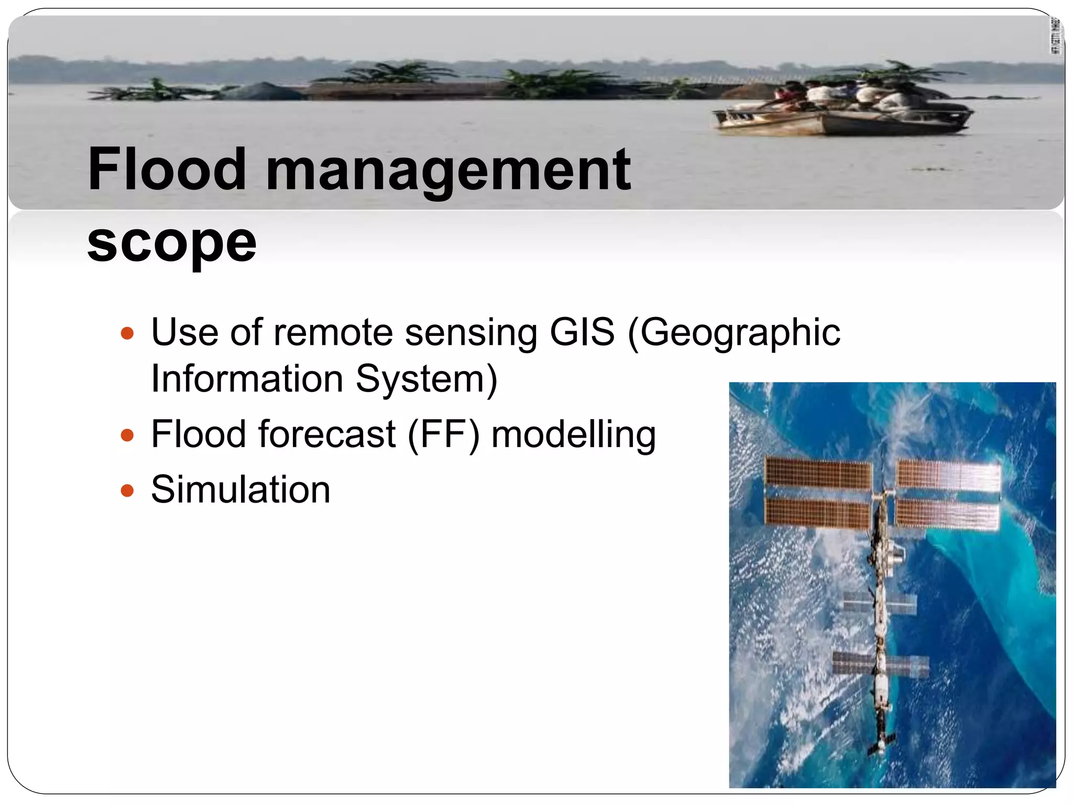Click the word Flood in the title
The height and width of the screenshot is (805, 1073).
coord(167,169)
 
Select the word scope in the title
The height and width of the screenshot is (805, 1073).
coord(172,242)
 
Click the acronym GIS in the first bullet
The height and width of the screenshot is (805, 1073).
coord(582,332)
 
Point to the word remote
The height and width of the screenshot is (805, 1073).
coord(333,332)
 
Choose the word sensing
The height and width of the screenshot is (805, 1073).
coord(471,333)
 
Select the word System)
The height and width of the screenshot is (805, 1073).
coord(426,379)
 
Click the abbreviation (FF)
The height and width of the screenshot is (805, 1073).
coord(443,434)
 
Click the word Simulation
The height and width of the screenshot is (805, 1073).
coord(240,489)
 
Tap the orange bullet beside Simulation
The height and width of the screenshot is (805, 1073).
coord(127,491)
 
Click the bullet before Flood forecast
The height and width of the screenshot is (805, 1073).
coord(127,435)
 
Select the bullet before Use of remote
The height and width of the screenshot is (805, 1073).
coord(127,333)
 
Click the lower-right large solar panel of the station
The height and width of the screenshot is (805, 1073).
coord(947,514)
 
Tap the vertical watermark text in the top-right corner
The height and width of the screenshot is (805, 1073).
coord(1056,36)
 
